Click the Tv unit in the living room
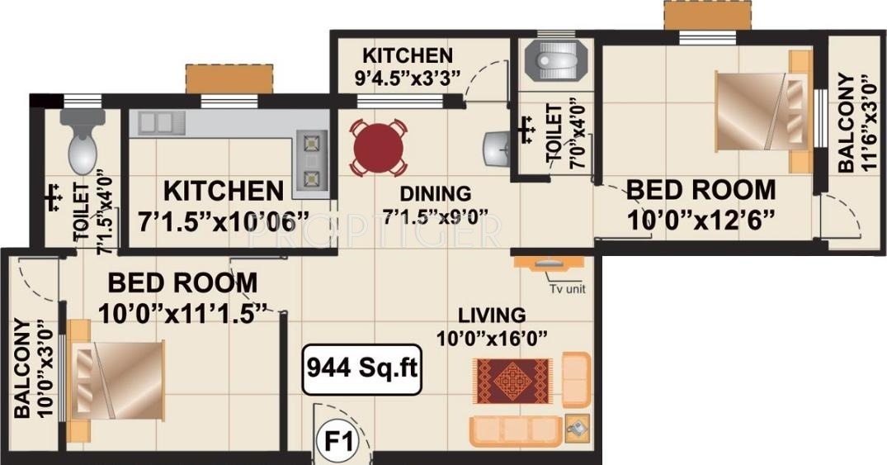click(548, 264)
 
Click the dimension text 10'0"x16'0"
click(493, 338)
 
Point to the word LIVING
click(492, 316)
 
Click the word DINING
click(435, 194)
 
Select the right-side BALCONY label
click(846, 124)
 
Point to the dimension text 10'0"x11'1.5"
click(183, 314)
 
